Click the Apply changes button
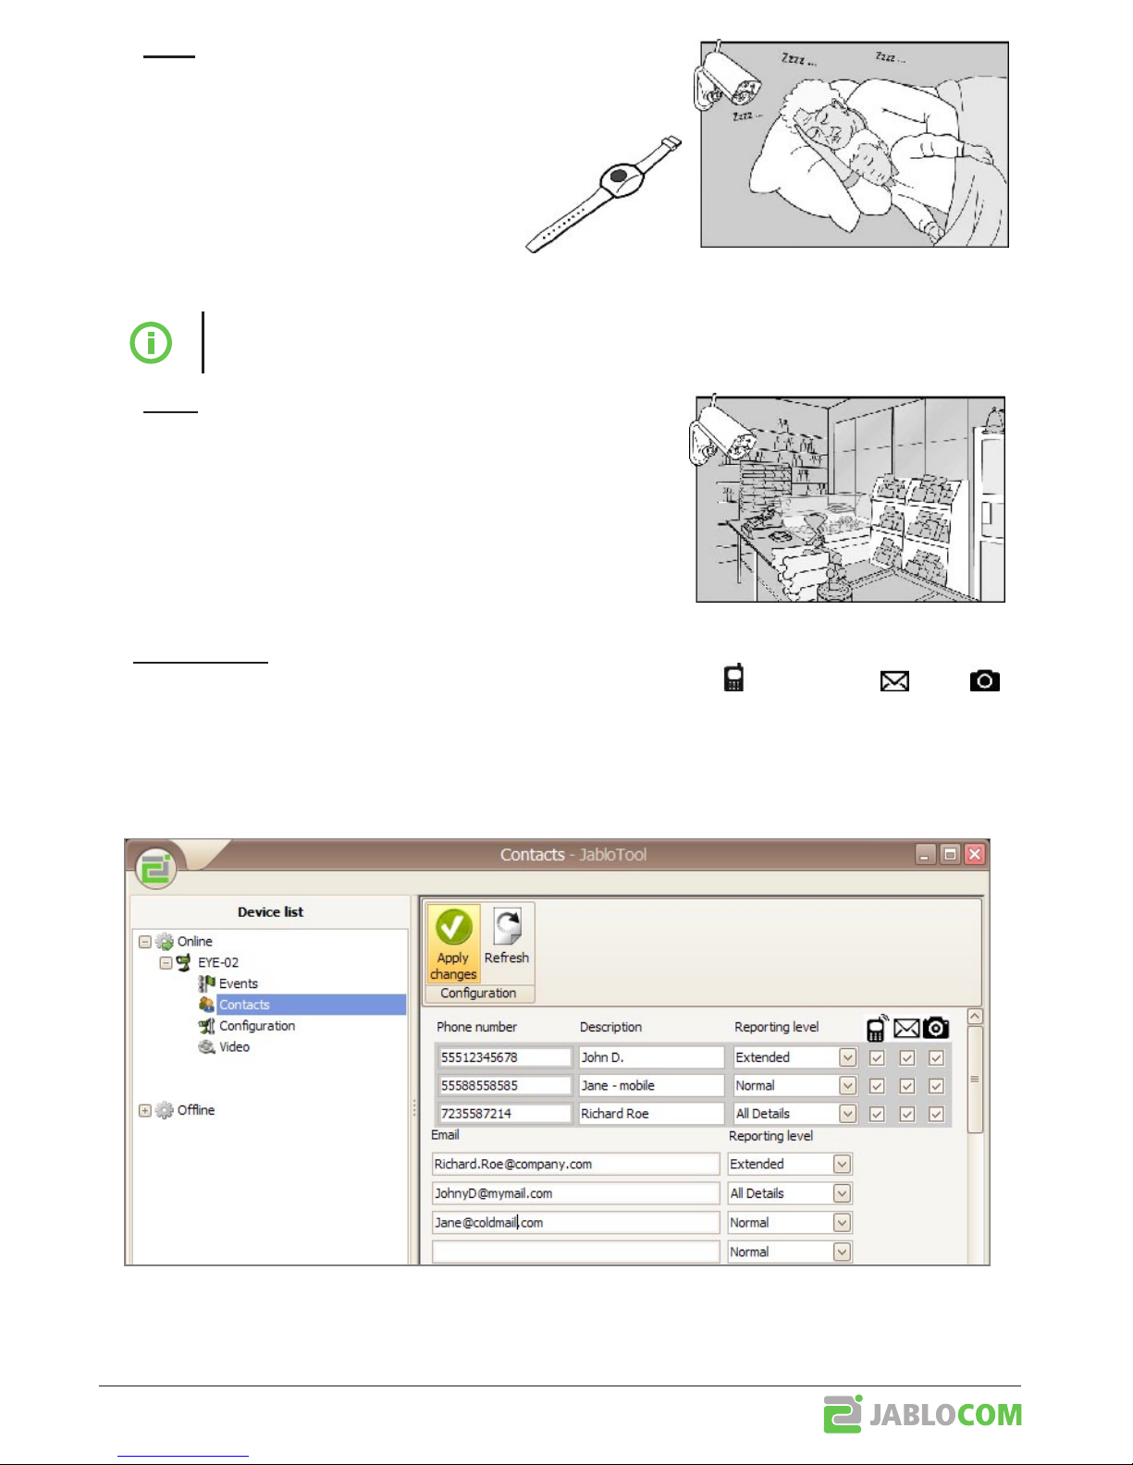[x=453, y=943]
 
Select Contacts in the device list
[x=244, y=1005]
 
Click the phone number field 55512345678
[x=504, y=1057]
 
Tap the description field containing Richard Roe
[x=651, y=1114]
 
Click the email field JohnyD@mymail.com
[x=575, y=1193]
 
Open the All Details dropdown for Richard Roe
[x=848, y=1114]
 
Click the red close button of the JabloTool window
[x=975, y=854]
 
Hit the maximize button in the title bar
[x=950, y=854]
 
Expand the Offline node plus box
[x=145, y=1110]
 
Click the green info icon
[x=151, y=343]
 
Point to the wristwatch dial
[x=619, y=178]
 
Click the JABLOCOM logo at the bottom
[x=923, y=1414]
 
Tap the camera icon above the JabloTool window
[x=985, y=680]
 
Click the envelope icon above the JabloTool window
[x=894, y=681]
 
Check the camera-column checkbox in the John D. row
[x=936, y=1057]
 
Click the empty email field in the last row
[x=575, y=1252]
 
